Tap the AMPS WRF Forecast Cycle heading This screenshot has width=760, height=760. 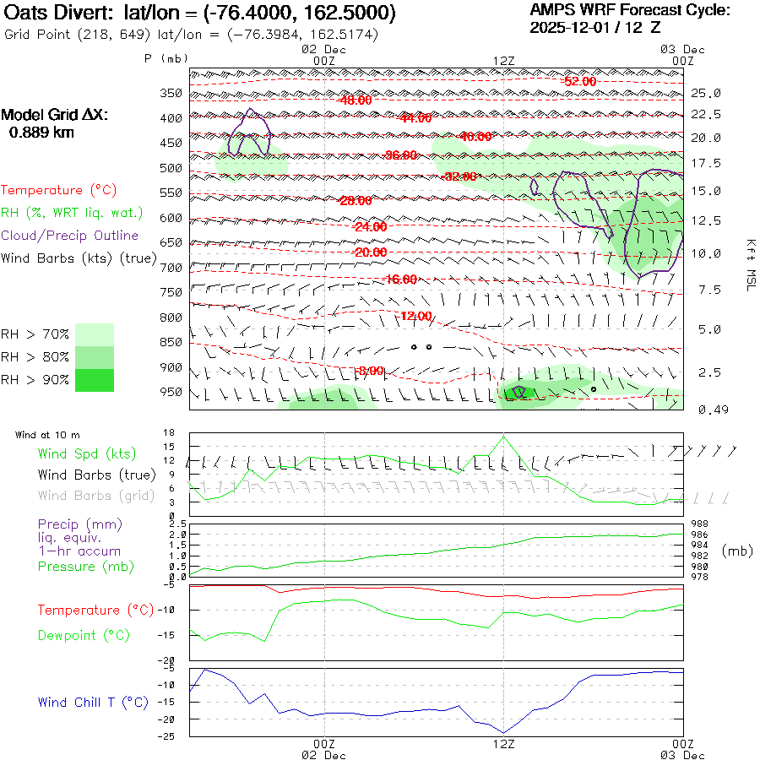[x=629, y=10]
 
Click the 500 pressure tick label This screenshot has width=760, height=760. [x=171, y=168]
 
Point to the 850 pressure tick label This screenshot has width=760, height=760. [x=171, y=342]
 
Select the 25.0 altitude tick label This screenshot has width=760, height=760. [x=706, y=93]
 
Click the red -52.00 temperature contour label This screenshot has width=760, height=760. [x=580, y=81]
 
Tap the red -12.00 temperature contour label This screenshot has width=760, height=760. [x=415, y=316]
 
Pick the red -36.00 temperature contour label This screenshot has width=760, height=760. [x=400, y=155]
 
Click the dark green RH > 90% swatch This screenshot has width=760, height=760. [x=95, y=381]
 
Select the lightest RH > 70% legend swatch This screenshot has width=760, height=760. [x=95, y=334]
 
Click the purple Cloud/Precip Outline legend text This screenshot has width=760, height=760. [x=70, y=236]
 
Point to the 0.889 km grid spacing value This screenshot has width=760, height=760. [x=41, y=132]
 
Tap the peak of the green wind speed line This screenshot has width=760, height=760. [x=504, y=436]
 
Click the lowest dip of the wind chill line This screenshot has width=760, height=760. [x=504, y=732]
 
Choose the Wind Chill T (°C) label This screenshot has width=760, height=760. [x=93, y=702]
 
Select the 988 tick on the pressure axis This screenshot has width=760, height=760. [x=699, y=524]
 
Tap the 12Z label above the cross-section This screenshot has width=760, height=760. [x=503, y=61]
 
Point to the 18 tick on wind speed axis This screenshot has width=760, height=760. [x=170, y=432]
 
